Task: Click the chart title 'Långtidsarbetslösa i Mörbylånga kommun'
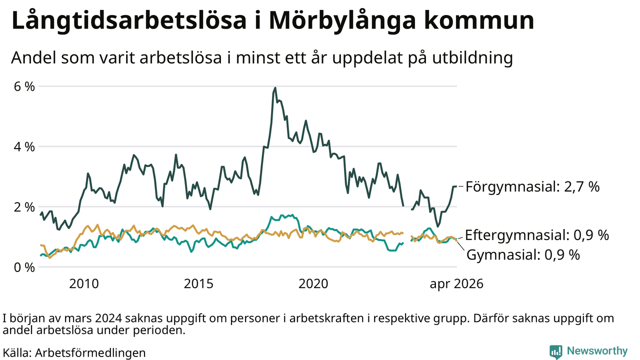click(272, 21)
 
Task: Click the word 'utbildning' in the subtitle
click(472, 58)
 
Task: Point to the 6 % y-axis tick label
click(24, 86)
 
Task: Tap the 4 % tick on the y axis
click(24, 147)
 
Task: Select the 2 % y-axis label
click(24, 207)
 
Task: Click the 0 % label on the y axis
click(24, 267)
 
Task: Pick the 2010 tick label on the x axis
click(84, 283)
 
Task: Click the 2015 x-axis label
click(198, 283)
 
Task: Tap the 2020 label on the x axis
click(313, 283)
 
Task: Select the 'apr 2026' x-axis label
click(456, 284)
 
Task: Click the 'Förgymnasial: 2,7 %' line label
click(532, 187)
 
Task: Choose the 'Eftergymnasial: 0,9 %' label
click(537, 235)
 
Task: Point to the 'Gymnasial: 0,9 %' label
click(523, 254)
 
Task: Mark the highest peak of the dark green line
click(275, 87)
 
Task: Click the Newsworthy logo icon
click(555, 351)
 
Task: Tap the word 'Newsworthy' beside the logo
click(597, 350)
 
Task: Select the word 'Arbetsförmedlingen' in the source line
click(90, 353)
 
